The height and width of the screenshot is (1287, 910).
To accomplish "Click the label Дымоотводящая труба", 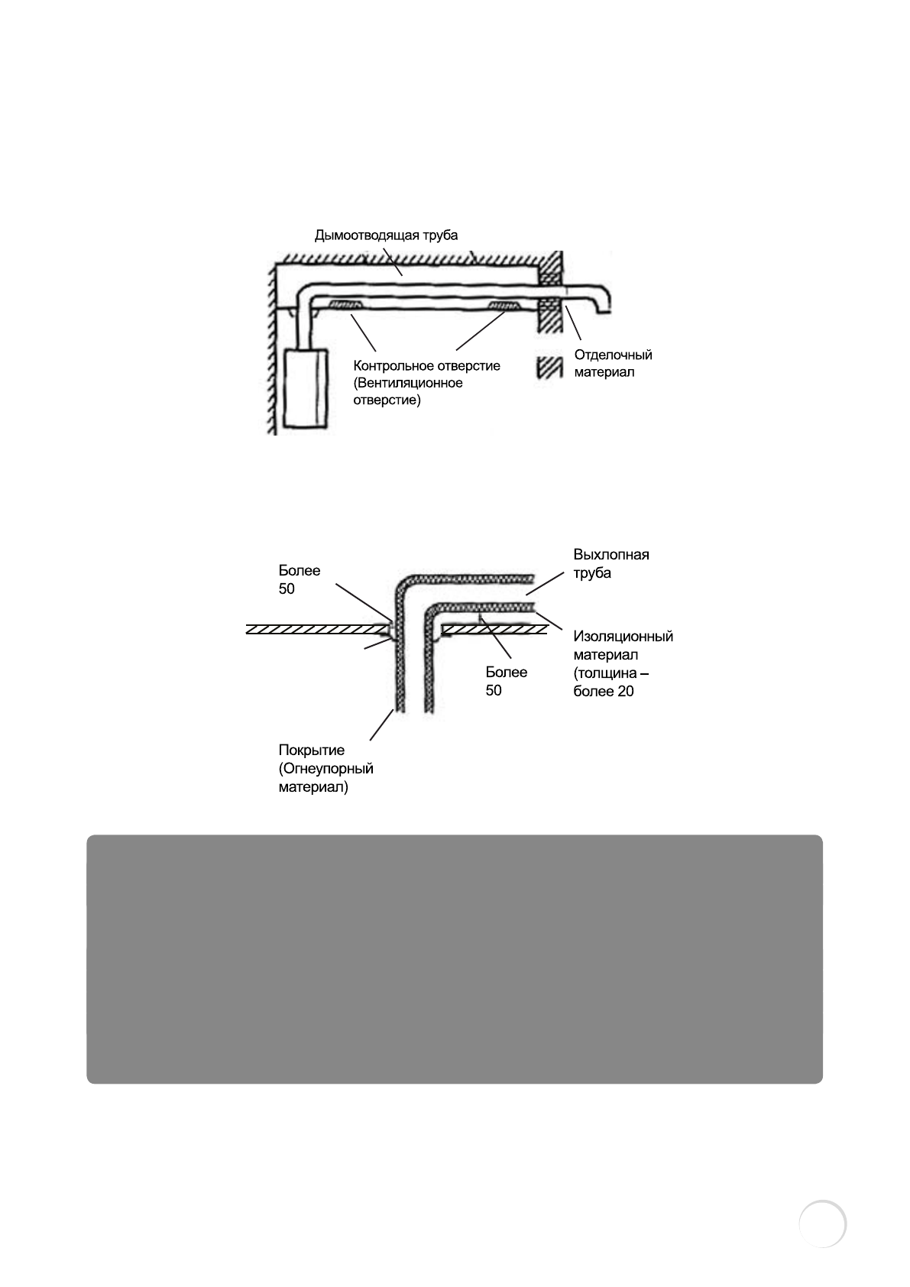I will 386,235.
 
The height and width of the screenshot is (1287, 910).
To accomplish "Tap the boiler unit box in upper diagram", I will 306,387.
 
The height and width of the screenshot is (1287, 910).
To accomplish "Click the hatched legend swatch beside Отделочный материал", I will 550,366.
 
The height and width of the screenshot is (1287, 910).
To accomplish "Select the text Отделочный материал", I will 613,364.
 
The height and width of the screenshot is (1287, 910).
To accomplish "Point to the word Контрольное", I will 391,366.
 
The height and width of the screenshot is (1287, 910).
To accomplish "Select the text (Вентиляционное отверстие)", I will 408,391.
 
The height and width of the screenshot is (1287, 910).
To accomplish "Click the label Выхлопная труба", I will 610,563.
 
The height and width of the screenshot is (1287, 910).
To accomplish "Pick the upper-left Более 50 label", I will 299,579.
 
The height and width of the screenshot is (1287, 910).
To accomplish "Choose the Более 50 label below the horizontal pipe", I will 506,681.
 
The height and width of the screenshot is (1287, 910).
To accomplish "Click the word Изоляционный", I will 623,636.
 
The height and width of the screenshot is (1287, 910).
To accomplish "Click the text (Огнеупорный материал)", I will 325,778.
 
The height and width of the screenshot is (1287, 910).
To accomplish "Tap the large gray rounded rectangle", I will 455,958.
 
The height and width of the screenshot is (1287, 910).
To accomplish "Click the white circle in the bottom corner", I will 822,1224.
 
